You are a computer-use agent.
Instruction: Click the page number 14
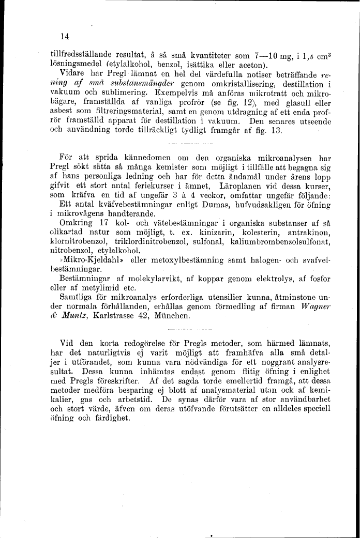pos(65,36)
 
